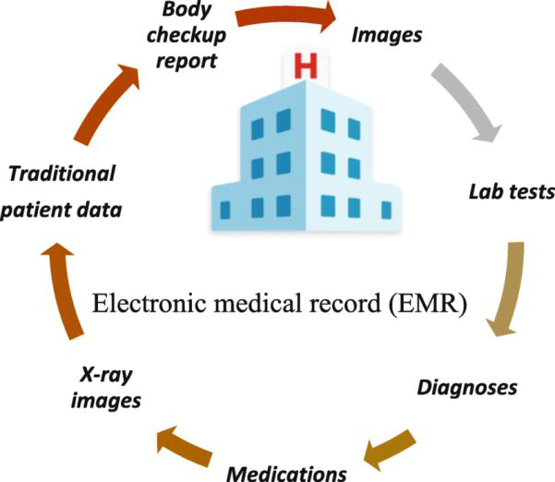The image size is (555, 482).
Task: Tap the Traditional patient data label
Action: point(63,191)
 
